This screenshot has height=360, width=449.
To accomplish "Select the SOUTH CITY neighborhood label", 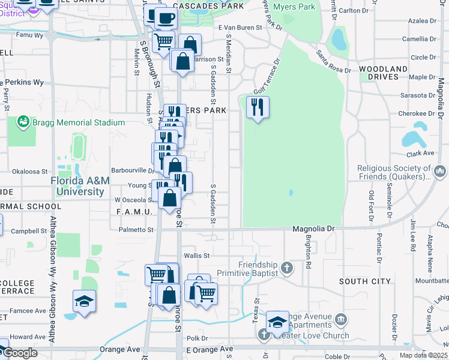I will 364,281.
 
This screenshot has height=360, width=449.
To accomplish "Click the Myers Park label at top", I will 294,7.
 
